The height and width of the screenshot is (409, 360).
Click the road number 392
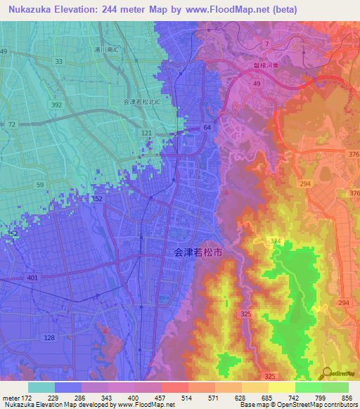tap(57, 103)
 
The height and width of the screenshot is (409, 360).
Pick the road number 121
tap(146, 132)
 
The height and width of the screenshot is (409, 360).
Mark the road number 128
tap(49, 338)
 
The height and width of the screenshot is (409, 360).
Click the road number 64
tap(207, 127)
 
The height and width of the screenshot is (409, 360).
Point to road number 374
tap(276, 241)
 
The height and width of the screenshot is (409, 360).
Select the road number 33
tap(59, 62)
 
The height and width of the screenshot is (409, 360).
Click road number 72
tap(12, 124)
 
